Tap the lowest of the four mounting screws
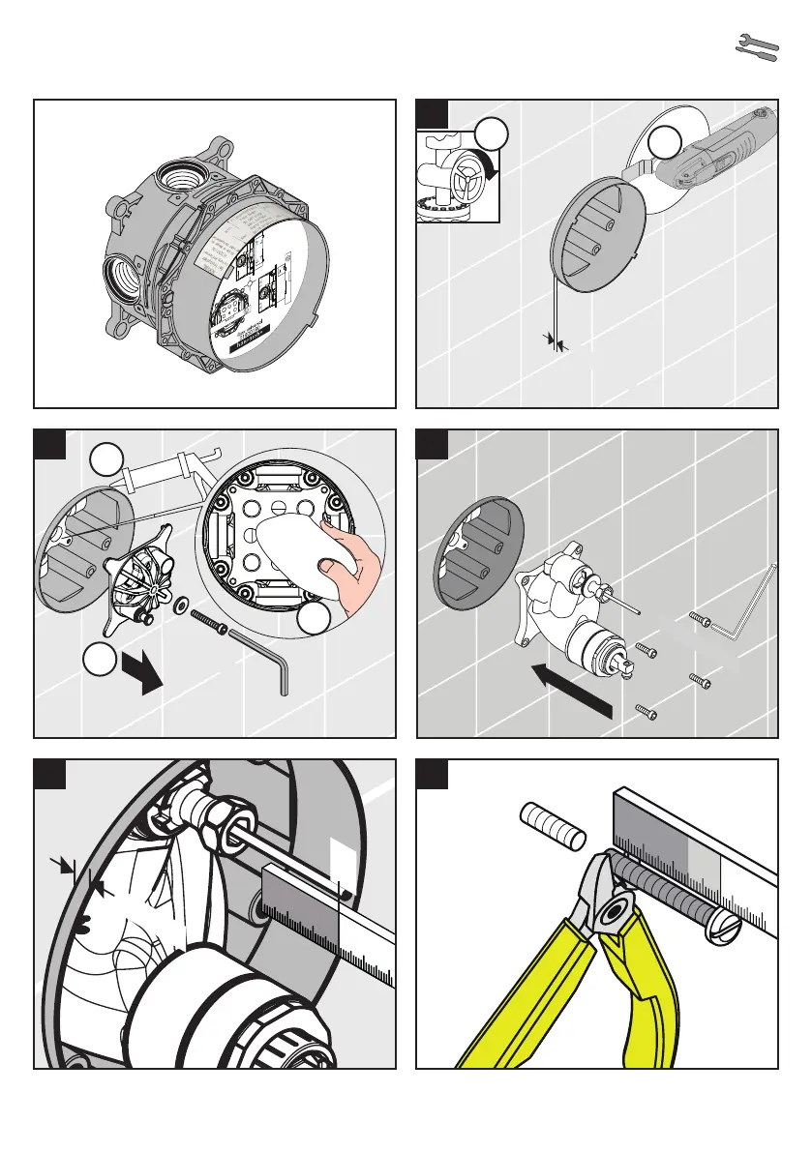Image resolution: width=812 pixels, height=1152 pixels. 647,712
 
